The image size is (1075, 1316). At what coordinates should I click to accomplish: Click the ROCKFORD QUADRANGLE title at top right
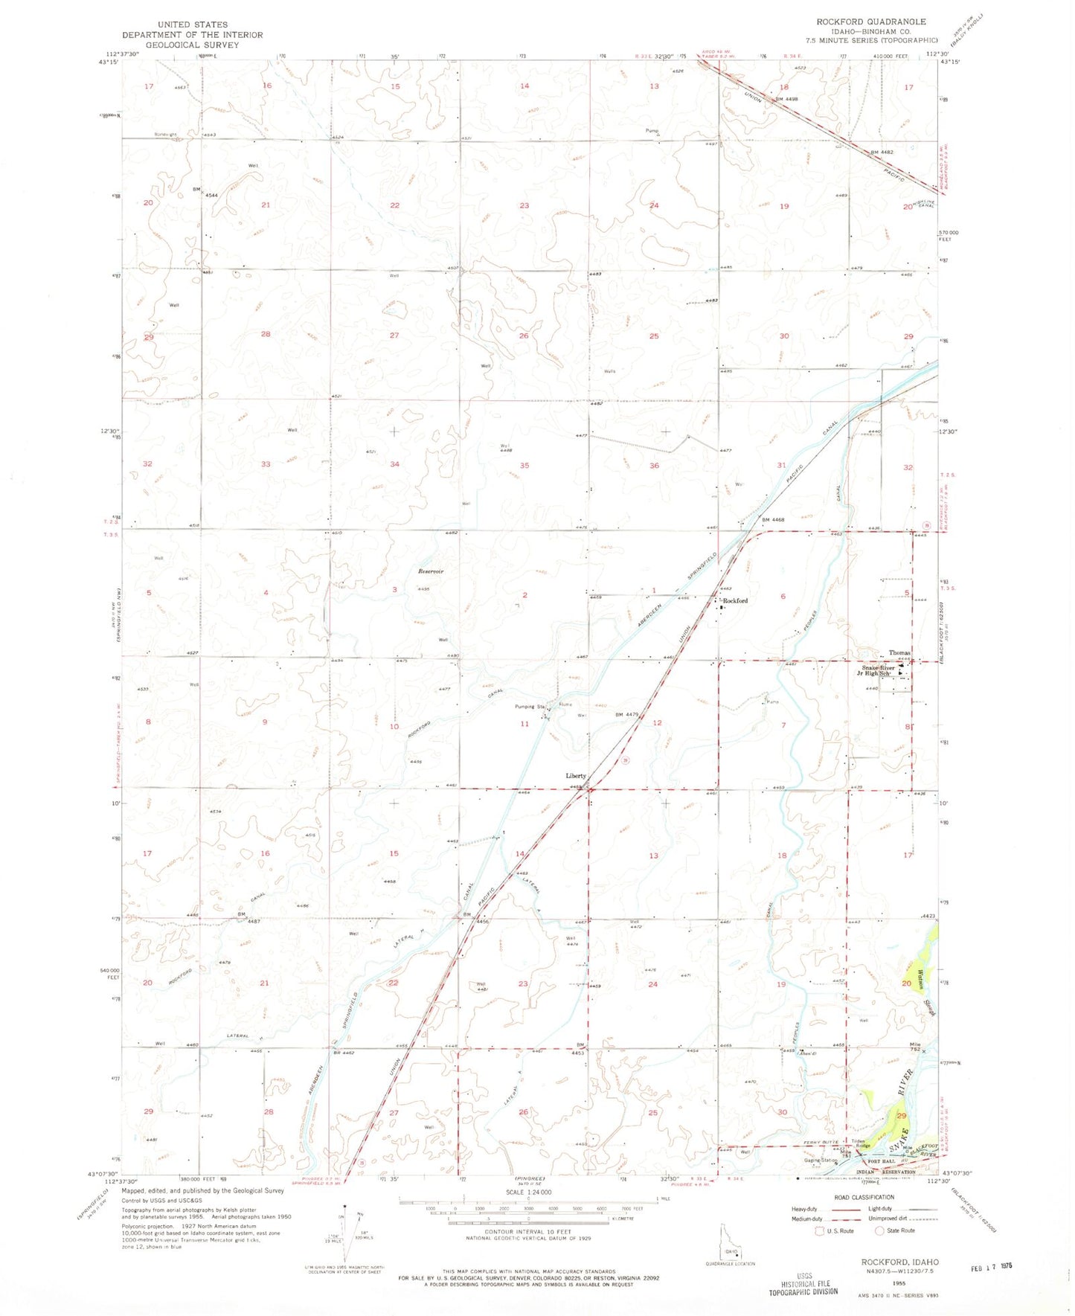(x=882, y=22)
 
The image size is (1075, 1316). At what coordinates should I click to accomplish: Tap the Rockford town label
(x=734, y=600)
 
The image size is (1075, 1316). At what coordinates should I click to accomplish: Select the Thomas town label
(x=899, y=652)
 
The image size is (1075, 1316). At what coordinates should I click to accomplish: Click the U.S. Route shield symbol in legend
(x=821, y=1231)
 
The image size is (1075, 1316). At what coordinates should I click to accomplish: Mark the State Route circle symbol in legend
(x=879, y=1231)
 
